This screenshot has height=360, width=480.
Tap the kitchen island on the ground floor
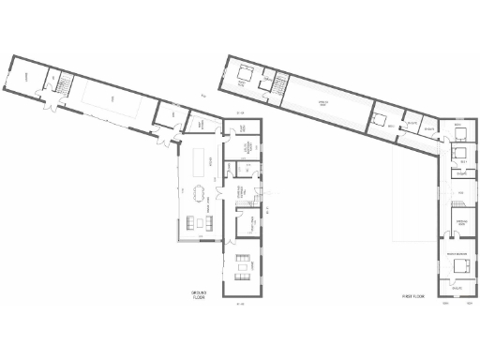[x=200, y=162]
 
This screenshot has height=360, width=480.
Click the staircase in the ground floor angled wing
[x=65, y=86]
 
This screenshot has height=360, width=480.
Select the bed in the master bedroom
[x=461, y=265]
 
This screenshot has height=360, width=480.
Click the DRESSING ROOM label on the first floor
[x=460, y=222]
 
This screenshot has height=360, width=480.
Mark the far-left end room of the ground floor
[x=27, y=77]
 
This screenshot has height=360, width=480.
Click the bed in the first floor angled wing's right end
[x=382, y=120]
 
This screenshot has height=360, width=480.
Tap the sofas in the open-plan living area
[x=200, y=221]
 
